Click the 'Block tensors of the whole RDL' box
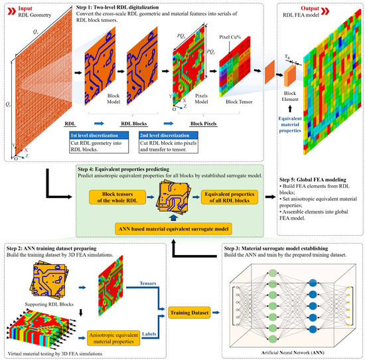tap(112, 199)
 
